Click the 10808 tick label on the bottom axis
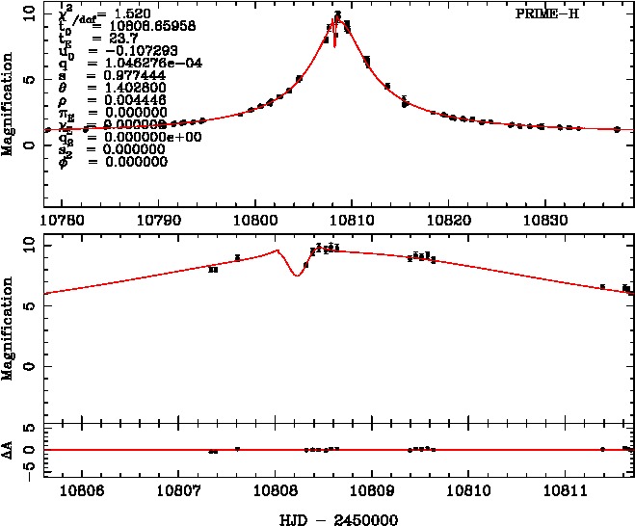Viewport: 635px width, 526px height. tap(276, 491)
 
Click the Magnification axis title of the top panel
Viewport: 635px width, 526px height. tap(9, 106)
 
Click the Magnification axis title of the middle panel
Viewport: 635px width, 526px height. tap(9, 327)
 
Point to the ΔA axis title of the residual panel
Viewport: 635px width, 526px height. tap(9, 450)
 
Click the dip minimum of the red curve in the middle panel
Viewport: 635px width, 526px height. tap(297, 276)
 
